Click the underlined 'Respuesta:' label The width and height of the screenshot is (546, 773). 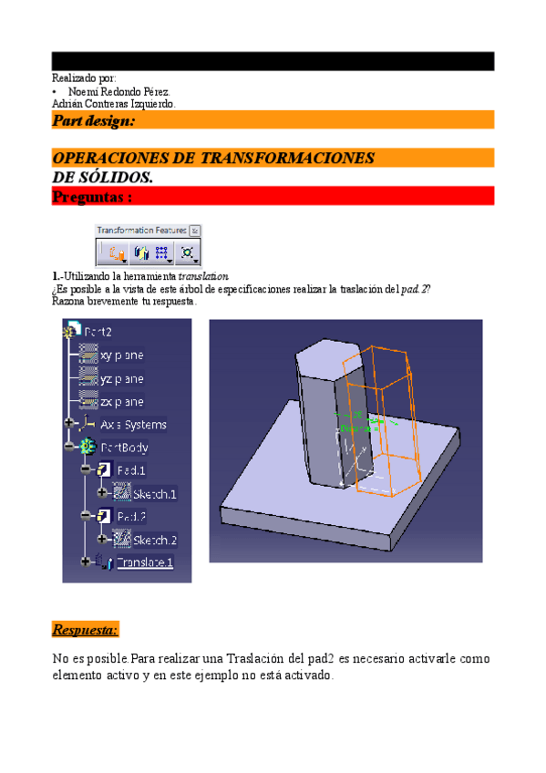(85, 630)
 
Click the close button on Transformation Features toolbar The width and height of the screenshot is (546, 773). (195, 231)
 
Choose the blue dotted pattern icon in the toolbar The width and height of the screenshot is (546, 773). (162, 253)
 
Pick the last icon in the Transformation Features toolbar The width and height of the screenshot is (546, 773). (188, 253)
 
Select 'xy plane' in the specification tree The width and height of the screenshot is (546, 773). (121, 356)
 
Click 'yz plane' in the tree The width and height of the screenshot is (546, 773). (121, 378)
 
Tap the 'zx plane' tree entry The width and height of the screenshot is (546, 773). (121, 402)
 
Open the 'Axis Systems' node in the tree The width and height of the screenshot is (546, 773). (133, 425)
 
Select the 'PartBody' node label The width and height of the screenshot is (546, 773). (124, 448)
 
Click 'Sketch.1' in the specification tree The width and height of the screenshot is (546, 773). (155, 494)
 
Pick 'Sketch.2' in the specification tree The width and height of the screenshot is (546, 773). (155, 540)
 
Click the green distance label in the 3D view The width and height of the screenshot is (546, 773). (352, 427)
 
